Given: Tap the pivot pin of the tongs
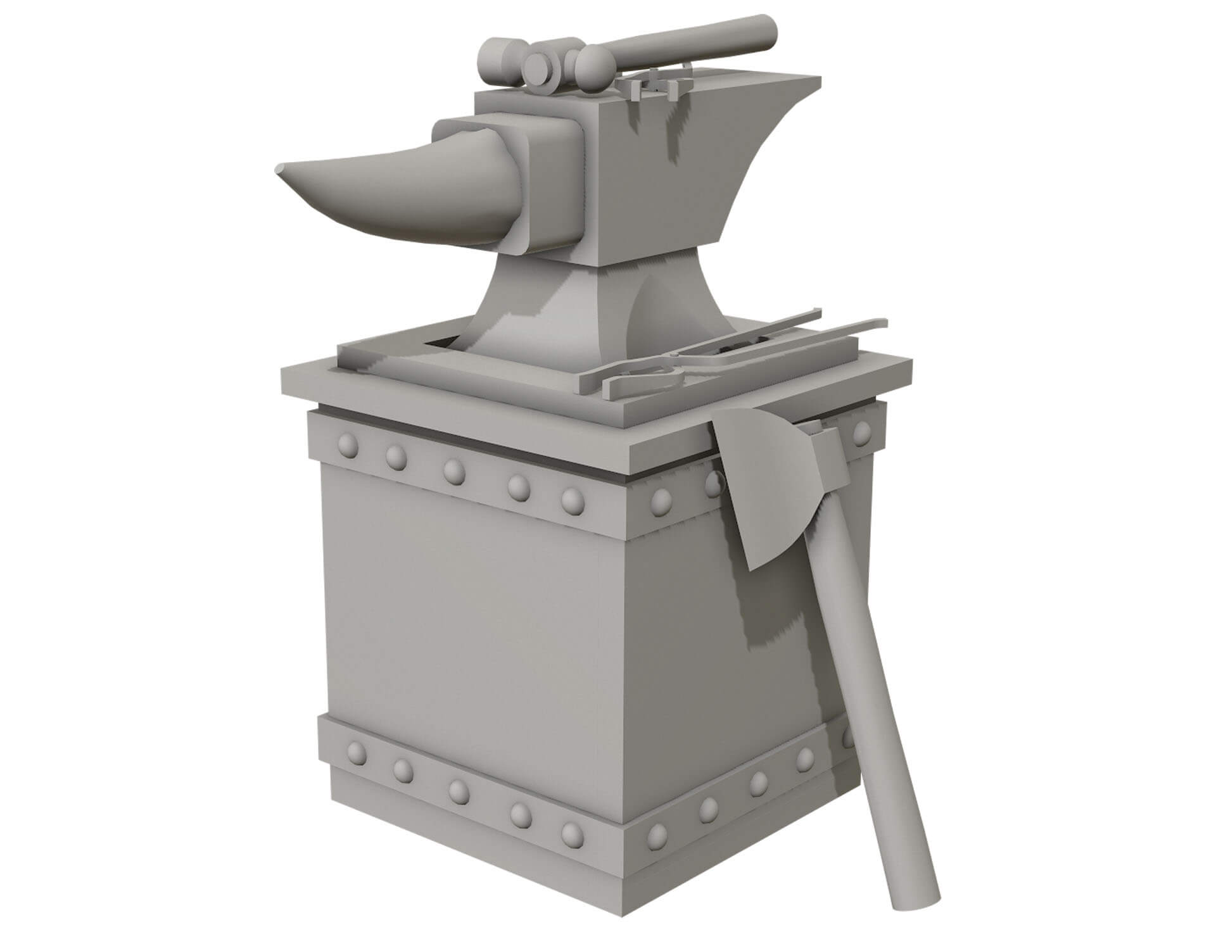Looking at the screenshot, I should (633, 377).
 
